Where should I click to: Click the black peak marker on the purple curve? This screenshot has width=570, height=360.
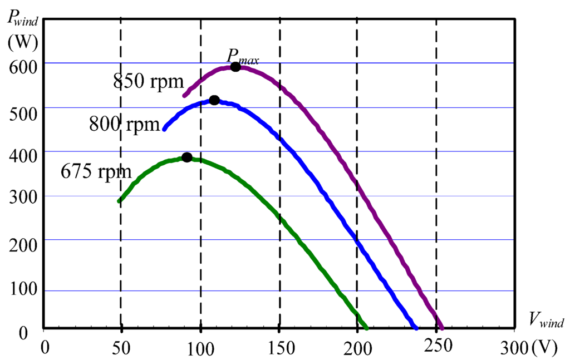235,67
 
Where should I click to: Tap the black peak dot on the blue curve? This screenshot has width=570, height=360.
214,100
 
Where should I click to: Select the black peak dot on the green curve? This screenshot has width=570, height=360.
187,157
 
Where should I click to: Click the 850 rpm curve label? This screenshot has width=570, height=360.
149,82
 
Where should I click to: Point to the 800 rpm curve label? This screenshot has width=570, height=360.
125,124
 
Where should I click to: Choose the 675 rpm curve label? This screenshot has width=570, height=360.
96,170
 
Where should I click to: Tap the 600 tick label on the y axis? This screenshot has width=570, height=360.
22,66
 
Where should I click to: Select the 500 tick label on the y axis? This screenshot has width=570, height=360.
22,110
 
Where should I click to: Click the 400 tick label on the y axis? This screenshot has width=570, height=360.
22,155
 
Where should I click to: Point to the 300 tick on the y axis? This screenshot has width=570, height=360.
22,199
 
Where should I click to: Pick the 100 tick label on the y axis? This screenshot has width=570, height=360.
22,290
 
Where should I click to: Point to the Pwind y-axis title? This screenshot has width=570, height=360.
24,18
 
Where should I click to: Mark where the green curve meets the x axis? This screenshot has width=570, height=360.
366,328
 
